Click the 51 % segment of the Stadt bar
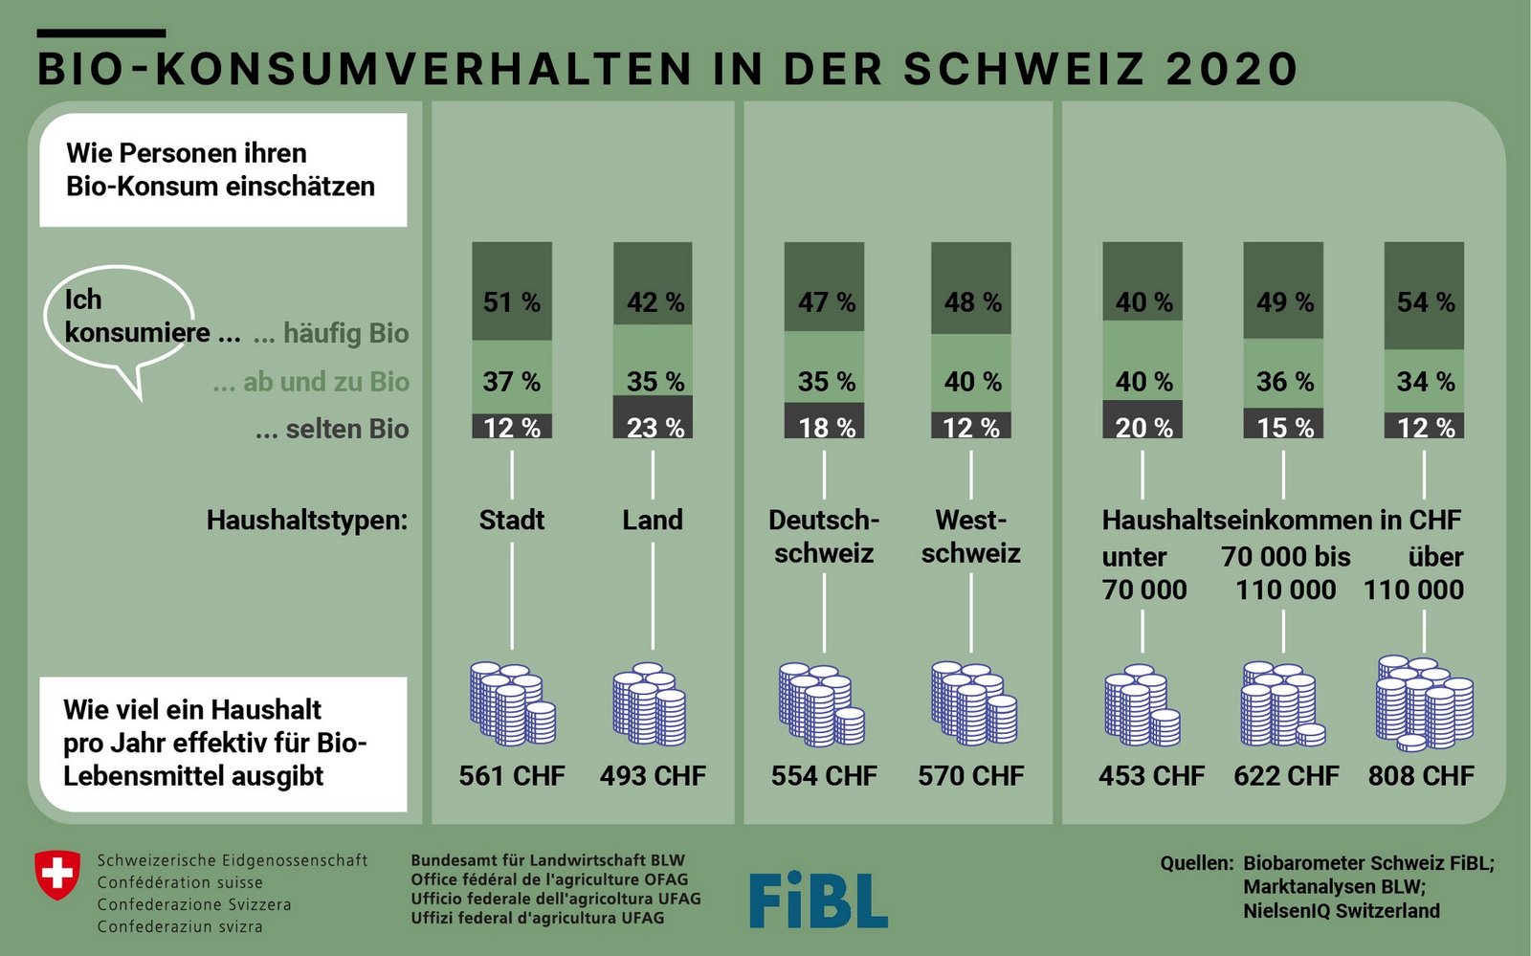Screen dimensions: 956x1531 [512, 292]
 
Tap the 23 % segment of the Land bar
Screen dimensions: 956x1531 [654, 418]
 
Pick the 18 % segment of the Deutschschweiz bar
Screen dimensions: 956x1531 [824, 421]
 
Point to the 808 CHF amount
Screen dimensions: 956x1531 [1421, 775]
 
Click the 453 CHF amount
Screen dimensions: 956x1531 [1151, 775]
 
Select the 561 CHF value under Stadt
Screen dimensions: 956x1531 [512, 775]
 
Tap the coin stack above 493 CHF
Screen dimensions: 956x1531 [650, 704]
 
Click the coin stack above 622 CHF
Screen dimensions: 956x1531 [1282, 704]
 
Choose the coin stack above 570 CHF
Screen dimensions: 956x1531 [973, 703]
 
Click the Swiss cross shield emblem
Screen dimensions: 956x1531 [57, 875]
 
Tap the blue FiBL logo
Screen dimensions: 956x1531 [818, 900]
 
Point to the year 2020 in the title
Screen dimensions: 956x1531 [1231, 69]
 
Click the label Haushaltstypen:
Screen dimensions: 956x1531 [306, 521]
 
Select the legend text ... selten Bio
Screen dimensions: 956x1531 [332, 429]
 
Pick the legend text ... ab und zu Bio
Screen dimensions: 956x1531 [311, 382]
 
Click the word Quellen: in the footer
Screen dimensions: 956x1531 [1197, 863]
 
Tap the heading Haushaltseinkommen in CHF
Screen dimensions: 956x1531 [1281, 521]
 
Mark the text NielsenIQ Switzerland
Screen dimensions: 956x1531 [1342, 911]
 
